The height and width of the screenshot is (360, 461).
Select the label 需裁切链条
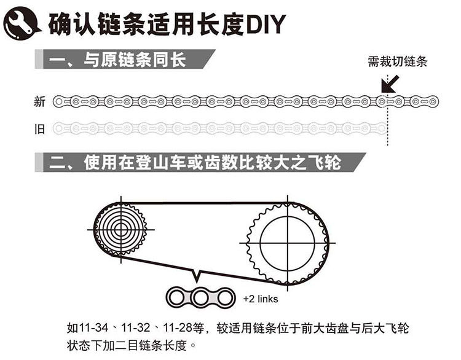click(397, 62)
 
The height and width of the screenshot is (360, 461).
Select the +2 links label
click(261, 299)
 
